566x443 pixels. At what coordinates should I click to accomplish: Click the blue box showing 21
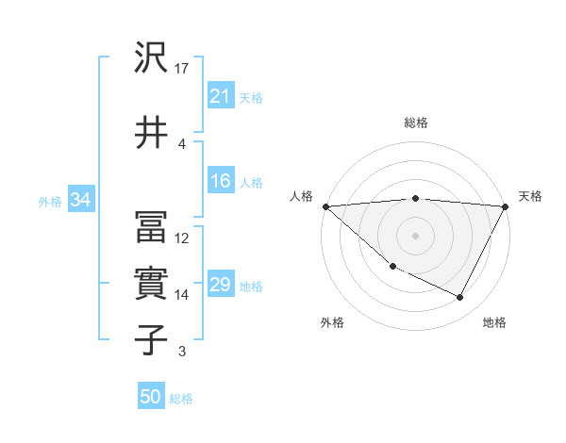click(x=220, y=96)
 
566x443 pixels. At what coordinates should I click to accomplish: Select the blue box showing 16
click(x=220, y=182)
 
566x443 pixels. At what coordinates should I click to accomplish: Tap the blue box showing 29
click(x=220, y=286)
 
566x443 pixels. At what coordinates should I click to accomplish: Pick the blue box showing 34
click(x=80, y=200)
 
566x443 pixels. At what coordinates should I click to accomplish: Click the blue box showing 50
click(x=151, y=398)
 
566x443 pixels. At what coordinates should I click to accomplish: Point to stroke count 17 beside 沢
click(x=183, y=68)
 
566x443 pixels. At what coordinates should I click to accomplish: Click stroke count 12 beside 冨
click(x=183, y=238)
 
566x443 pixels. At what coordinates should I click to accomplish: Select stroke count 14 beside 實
click(x=183, y=294)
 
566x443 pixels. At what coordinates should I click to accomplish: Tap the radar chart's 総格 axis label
click(x=416, y=123)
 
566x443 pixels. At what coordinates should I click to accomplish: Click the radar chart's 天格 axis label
click(x=530, y=196)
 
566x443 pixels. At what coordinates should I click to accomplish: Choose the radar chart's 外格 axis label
click(x=332, y=322)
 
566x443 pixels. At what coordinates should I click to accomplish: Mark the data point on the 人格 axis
click(x=325, y=205)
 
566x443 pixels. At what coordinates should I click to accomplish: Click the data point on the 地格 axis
click(x=460, y=297)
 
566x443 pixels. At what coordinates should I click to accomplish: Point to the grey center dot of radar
click(x=416, y=235)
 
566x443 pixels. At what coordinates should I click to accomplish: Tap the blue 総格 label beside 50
click(x=181, y=399)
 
